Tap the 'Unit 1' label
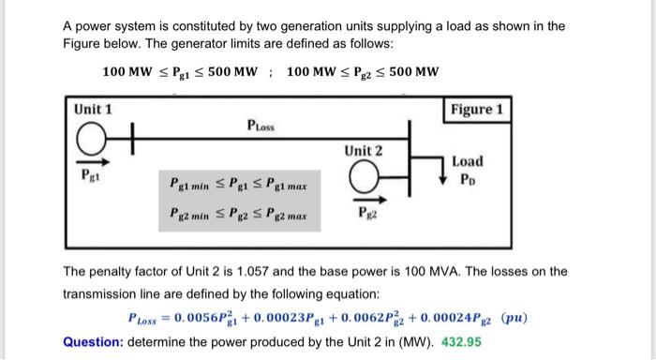pos(94,110)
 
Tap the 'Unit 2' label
pos(363,151)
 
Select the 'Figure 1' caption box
pos(479,110)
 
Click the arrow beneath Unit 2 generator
pos(363,199)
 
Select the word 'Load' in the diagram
pos(468,162)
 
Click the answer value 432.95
pos(461,341)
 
